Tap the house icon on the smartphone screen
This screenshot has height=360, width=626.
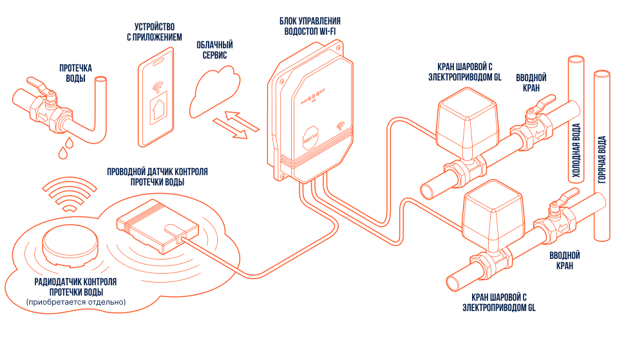pyautogui.click(x=158, y=111)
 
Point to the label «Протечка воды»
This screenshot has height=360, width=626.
pyautogui.click(x=75, y=73)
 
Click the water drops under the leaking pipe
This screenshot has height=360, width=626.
pyautogui.click(x=64, y=152)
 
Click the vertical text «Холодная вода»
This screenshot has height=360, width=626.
pyautogui.click(x=576, y=151)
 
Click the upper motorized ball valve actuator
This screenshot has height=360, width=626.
pyautogui.click(x=465, y=117)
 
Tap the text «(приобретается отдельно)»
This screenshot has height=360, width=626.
pyautogui.click(x=76, y=301)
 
